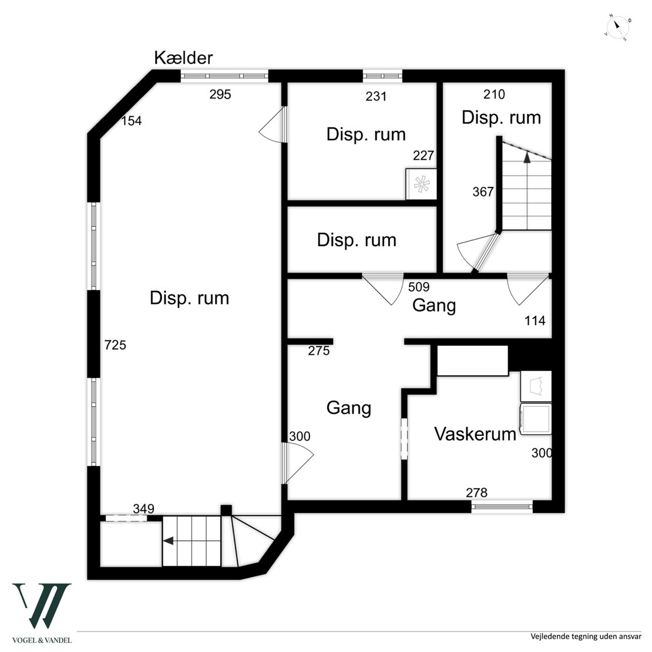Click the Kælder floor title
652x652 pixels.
(x=183, y=58)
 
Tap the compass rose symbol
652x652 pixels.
(x=618, y=28)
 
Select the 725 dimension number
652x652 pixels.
(x=115, y=345)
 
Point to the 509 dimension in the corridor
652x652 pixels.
(x=419, y=288)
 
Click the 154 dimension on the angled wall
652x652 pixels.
(x=132, y=121)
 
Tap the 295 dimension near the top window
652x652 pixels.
(x=220, y=94)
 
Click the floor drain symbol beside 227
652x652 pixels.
(x=421, y=184)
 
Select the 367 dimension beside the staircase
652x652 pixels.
(x=483, y=192)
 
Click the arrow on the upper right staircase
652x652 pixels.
(x=527, y=157)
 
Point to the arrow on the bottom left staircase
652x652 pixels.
(x=169, y=541)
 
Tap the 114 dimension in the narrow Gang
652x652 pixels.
(x=535, y=321)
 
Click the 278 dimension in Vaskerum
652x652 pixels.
(x=476, y=493)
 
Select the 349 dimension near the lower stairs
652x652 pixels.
(x=144, y=509)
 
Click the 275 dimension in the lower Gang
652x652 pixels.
(x=319, y=351)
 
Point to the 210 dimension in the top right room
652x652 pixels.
(x=494, y=94)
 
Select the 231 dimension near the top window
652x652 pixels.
(x=376, y=96)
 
